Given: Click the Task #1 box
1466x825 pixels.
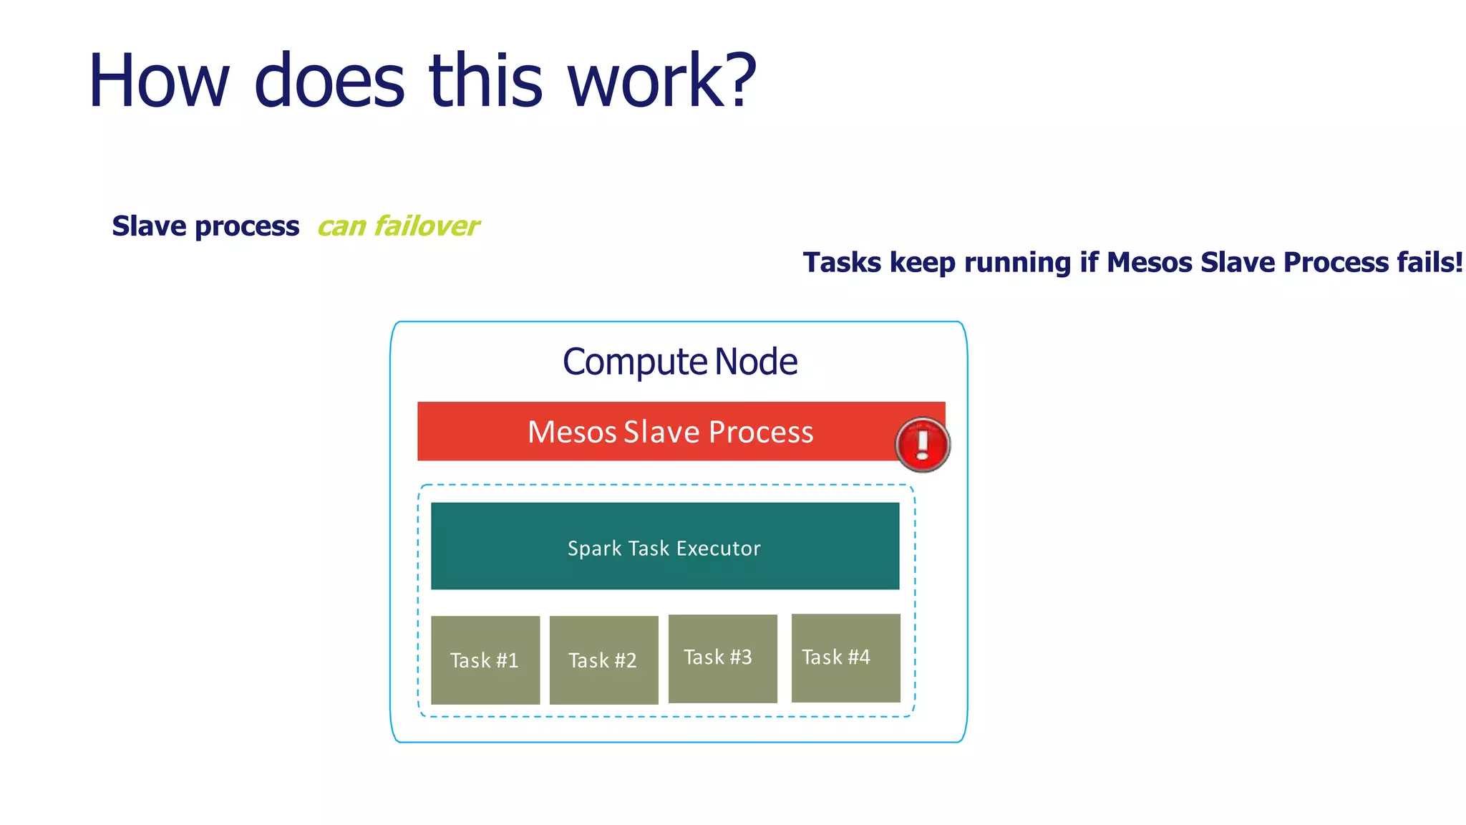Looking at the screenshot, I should (485, 660).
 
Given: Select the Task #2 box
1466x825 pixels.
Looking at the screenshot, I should (603, 660).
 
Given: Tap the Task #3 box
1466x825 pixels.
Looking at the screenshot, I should (722, 658).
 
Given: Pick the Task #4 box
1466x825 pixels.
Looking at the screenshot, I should (845, 657).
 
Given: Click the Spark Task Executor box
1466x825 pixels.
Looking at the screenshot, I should (664, 546).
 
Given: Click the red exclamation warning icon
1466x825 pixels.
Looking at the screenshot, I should (922, 445).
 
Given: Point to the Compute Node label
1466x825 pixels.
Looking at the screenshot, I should (679, 362).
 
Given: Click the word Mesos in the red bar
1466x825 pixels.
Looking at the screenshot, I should (572, 432).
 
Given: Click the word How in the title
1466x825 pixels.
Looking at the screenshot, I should (158, 82).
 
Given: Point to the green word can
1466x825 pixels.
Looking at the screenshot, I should (341, 227).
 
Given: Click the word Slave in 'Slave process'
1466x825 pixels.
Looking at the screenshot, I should (149, 226).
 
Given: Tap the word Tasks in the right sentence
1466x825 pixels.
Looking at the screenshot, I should (842, 262).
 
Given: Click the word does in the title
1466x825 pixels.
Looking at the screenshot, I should (329, 82).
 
